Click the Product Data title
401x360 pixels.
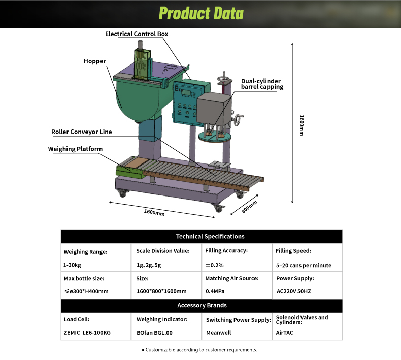click(x=201, y=13)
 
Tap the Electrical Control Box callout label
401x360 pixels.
click(x=137, y=34)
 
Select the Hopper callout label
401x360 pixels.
click(x=94, y=61)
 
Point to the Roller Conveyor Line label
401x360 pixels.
click(x=82, y=132)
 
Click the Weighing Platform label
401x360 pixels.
click(x=75, y=149)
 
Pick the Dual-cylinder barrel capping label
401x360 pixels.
click(x=262, y=84)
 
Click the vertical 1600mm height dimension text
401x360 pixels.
click(x=302, y=125)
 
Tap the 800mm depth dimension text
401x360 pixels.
click(x=249, y=207)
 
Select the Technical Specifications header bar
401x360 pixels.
click(x=202, y=236)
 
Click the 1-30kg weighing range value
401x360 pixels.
click(x=72, y=265)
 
